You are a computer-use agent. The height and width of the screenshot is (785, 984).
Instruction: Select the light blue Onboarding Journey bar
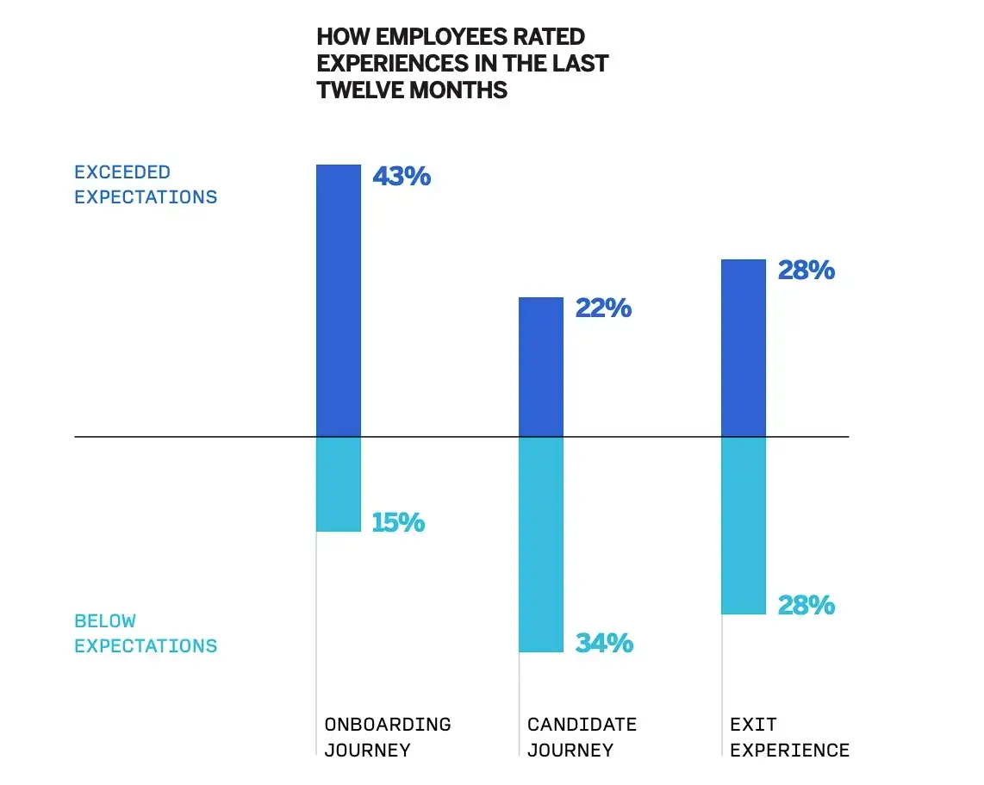(x=339, y=484)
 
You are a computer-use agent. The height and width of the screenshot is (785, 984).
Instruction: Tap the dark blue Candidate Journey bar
(x=541, y=367)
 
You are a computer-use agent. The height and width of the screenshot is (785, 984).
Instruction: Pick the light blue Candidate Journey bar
(x=541, y=545)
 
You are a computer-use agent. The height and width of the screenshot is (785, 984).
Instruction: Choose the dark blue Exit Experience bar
(x=744, y=348)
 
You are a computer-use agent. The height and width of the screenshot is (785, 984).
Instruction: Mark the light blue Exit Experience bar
(x=744, y=526)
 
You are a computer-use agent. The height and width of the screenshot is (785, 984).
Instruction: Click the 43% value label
(x=402, y=177)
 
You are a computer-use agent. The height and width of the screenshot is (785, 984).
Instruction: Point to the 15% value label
(x=398, y=523)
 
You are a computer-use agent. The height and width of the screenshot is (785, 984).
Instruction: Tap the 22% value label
(x=603, y=308)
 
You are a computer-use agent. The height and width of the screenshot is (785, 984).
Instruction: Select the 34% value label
(x=604, y=643)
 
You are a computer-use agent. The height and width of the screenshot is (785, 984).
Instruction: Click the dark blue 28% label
(x=807, y=270)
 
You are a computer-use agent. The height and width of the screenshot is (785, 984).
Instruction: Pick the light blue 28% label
(x=807, y=605)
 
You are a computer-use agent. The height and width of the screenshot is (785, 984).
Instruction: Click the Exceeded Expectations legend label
(x=146, y=184)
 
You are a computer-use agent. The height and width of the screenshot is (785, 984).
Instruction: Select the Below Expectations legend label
(x=146, y=633)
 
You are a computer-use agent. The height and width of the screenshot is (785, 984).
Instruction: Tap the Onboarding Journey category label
(x=388, y=737)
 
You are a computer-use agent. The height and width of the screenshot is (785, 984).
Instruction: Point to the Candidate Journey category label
(x=582, y=737)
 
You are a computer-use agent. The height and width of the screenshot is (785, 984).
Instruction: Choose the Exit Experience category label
(x=789, y=737)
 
